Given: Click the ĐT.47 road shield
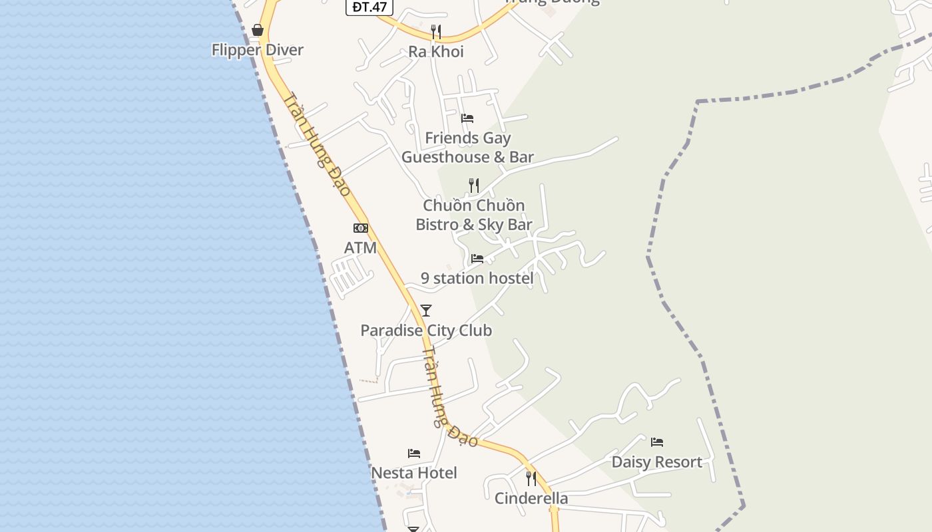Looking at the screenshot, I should coord(369,7).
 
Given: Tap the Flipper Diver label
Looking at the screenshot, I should coord(258,50).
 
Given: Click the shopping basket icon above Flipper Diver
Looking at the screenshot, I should coord(258,30).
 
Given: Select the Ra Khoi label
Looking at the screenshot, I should coord(436,52).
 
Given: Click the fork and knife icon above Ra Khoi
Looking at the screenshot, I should coord(436,31).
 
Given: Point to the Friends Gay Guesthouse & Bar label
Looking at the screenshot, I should coord(467,148).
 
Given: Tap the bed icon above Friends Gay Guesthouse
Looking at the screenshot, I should coord(467,118).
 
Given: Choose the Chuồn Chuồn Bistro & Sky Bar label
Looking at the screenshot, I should coord(474,215).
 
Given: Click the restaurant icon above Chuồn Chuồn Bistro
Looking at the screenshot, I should coord(474,185).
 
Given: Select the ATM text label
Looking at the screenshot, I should coord(360,248).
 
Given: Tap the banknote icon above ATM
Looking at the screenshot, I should coord(360,228).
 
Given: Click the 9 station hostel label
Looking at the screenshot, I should coord(477,278).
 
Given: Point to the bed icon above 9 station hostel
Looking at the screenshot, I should coord(477,258).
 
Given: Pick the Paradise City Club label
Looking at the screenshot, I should coord(426,331).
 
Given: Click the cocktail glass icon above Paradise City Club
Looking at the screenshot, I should coord(426,310).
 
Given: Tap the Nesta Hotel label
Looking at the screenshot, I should coord(414,473).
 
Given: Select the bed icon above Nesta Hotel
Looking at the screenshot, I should coord(414,454).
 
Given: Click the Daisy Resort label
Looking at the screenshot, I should coord(657,462).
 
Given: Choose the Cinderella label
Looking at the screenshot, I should coord(531,498).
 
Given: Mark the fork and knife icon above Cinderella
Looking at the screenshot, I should coord(531,478).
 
